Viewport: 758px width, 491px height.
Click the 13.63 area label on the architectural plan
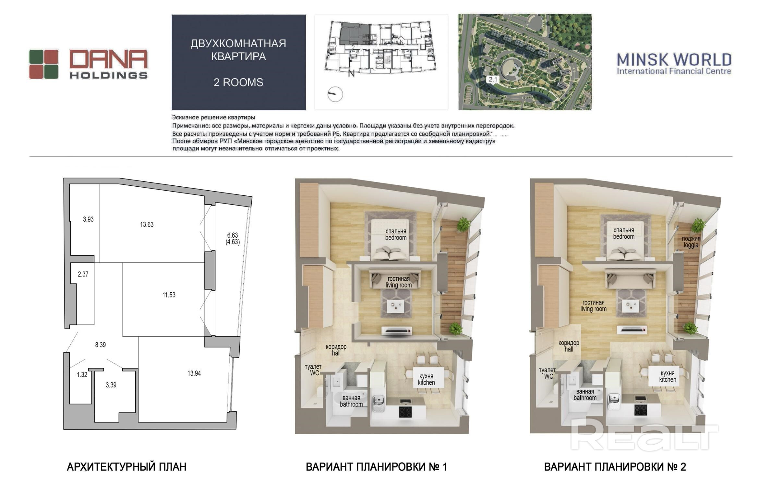point(147,225)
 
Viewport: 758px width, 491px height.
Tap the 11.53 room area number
point(169,295)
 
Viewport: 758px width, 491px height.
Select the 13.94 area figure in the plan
point(194,373)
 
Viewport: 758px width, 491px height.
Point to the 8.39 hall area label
point(100,345)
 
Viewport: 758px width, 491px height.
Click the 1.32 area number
point(82,375)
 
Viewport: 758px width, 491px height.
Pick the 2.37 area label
point(83,274)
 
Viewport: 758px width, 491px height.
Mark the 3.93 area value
point(88,219)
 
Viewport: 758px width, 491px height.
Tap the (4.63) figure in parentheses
point(233,242)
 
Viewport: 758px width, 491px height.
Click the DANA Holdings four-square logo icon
point(44,64)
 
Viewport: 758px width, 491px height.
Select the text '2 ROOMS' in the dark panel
point(238,82)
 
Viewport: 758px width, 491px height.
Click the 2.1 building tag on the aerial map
point(493,79)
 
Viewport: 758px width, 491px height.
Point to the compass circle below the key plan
point(335,94)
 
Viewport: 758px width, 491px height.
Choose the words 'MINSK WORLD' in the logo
point(674,60)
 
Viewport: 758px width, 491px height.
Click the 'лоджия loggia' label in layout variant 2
point(691,242)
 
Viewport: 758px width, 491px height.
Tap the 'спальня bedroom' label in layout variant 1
point(396,234)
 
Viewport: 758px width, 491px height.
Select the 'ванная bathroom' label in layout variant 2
point(585,395)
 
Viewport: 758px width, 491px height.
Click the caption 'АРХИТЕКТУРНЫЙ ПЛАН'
point(126,467)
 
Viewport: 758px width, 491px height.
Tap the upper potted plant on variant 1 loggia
point(464,224)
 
